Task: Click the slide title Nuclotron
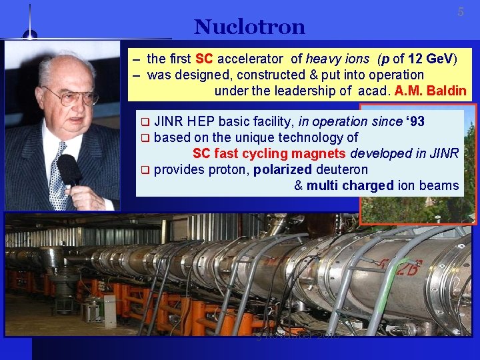point(249,27)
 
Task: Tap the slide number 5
point(460,13)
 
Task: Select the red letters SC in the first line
point(204,59)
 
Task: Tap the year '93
point(411,121)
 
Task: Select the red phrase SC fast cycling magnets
point(270,153)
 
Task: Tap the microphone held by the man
point(69,169)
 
